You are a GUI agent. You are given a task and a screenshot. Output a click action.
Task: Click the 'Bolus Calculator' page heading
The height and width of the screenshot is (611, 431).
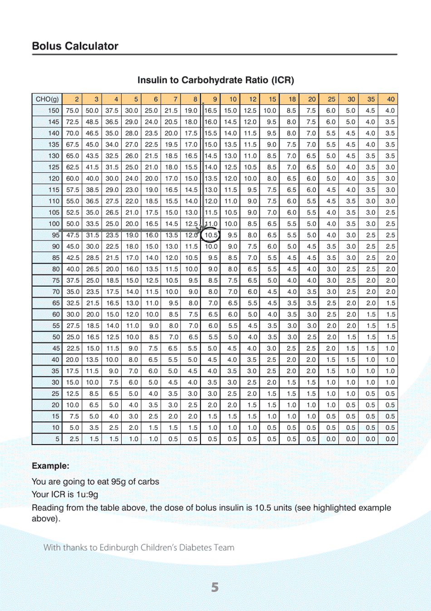point(75,46)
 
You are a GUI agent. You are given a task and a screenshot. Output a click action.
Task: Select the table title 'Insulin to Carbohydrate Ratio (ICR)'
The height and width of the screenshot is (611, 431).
point(215,80)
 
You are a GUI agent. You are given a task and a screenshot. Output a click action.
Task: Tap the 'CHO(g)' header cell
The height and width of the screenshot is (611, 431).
point(47,99)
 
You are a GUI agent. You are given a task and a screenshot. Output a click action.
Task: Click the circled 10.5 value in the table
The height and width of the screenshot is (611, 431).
point(211,235)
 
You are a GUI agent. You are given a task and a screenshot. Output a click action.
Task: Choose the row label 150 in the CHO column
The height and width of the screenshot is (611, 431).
point(54,111)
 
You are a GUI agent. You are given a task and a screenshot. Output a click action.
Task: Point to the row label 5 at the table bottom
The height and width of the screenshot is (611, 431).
point(57,439)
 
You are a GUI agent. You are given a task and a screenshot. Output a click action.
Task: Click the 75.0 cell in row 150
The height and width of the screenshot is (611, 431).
point(72,111)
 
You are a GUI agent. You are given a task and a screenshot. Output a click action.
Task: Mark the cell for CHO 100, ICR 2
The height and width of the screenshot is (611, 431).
point(72,224)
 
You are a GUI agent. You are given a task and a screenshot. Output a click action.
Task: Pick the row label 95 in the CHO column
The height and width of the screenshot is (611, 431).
point(55,235)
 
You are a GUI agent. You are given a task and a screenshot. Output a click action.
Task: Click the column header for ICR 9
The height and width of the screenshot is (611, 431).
point(215,99)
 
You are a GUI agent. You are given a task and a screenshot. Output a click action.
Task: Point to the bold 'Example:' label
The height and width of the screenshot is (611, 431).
point(50,466)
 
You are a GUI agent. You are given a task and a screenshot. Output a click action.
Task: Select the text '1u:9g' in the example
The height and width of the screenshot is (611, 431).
point(87,494)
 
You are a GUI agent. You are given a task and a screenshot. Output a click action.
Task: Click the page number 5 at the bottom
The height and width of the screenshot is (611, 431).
point(215,587)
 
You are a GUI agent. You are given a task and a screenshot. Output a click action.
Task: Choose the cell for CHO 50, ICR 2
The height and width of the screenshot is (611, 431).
point(73,337)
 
